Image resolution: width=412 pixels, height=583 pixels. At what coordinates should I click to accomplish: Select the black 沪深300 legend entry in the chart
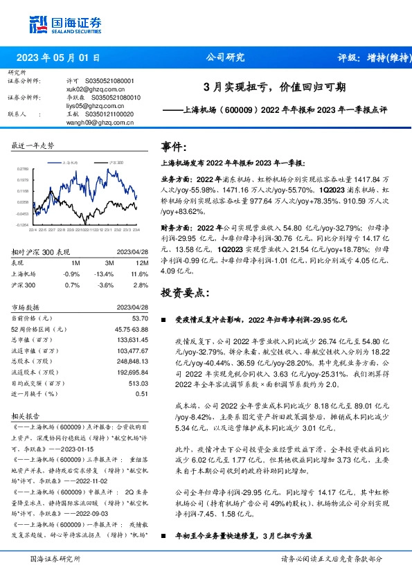pos(114,161)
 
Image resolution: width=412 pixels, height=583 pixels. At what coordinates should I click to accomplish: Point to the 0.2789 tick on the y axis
pos(22,168)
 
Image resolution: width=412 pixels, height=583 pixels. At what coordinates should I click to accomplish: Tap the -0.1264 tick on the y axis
pos(22,224)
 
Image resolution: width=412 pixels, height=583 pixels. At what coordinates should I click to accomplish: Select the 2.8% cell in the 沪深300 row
pos(140,285)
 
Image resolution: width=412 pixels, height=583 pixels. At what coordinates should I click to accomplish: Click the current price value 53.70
pos(140,317)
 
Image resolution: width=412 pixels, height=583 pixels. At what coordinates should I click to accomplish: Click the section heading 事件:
pos(174,147)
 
